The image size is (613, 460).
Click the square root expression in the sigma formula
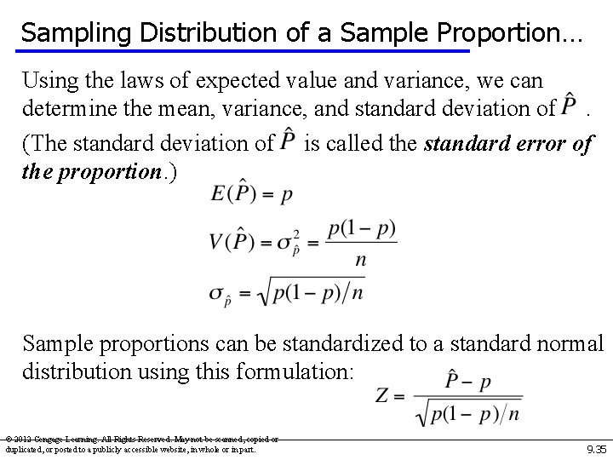pos(312,292)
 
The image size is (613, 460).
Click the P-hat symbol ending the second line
pos(571,108)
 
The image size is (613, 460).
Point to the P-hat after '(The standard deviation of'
pos(289,141)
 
